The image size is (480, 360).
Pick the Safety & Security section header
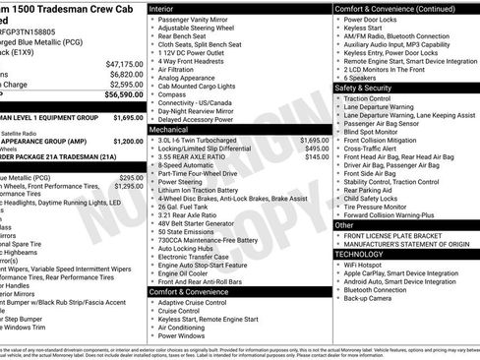369,88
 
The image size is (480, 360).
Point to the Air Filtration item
185,71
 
